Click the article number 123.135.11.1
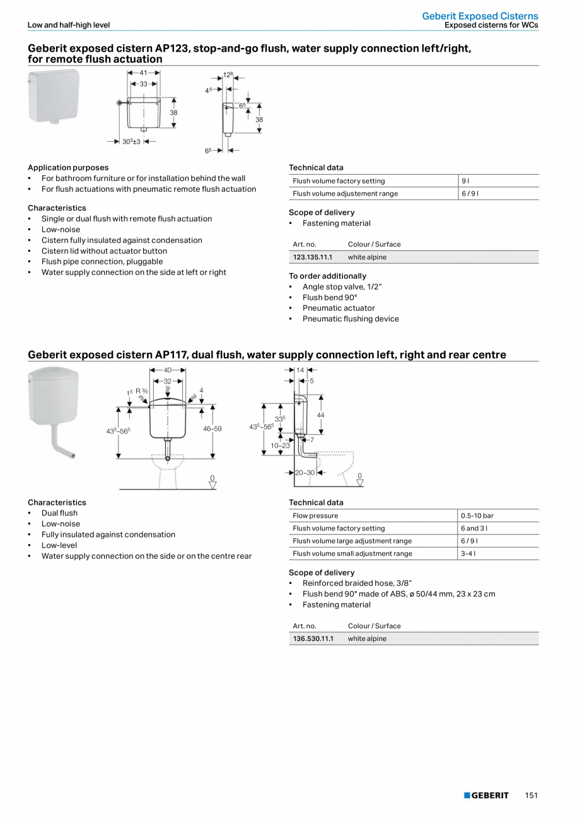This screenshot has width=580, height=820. [x=313, y=257]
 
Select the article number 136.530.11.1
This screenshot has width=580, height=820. [x=313, y=639]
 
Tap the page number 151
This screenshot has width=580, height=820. [x=531, y=795]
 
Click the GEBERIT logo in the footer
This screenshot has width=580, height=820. [x=486, y=795]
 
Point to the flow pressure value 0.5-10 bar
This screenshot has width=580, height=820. [x=477, y=516]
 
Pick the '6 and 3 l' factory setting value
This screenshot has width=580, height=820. [x=474, y=529]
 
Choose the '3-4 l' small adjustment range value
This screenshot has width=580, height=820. [x=468, y=554]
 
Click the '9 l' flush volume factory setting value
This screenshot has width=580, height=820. [x=465, y=181]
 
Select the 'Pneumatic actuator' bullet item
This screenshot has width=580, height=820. [x=339, y=308]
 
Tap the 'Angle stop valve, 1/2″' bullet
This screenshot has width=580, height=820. [x=342, y=287]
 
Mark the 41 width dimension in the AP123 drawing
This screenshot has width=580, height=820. [x=144, y=73]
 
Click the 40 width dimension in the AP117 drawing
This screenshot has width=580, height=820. [x=168, y=370]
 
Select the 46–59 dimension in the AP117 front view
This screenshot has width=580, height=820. [x=212, y=429]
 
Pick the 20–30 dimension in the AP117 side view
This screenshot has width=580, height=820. [x=305, y=472]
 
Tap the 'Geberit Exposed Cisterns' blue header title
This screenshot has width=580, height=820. [x=480, y=16]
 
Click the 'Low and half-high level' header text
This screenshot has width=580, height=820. [x=69, y=25]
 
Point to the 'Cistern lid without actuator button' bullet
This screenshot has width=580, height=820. [x=105, y=251]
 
